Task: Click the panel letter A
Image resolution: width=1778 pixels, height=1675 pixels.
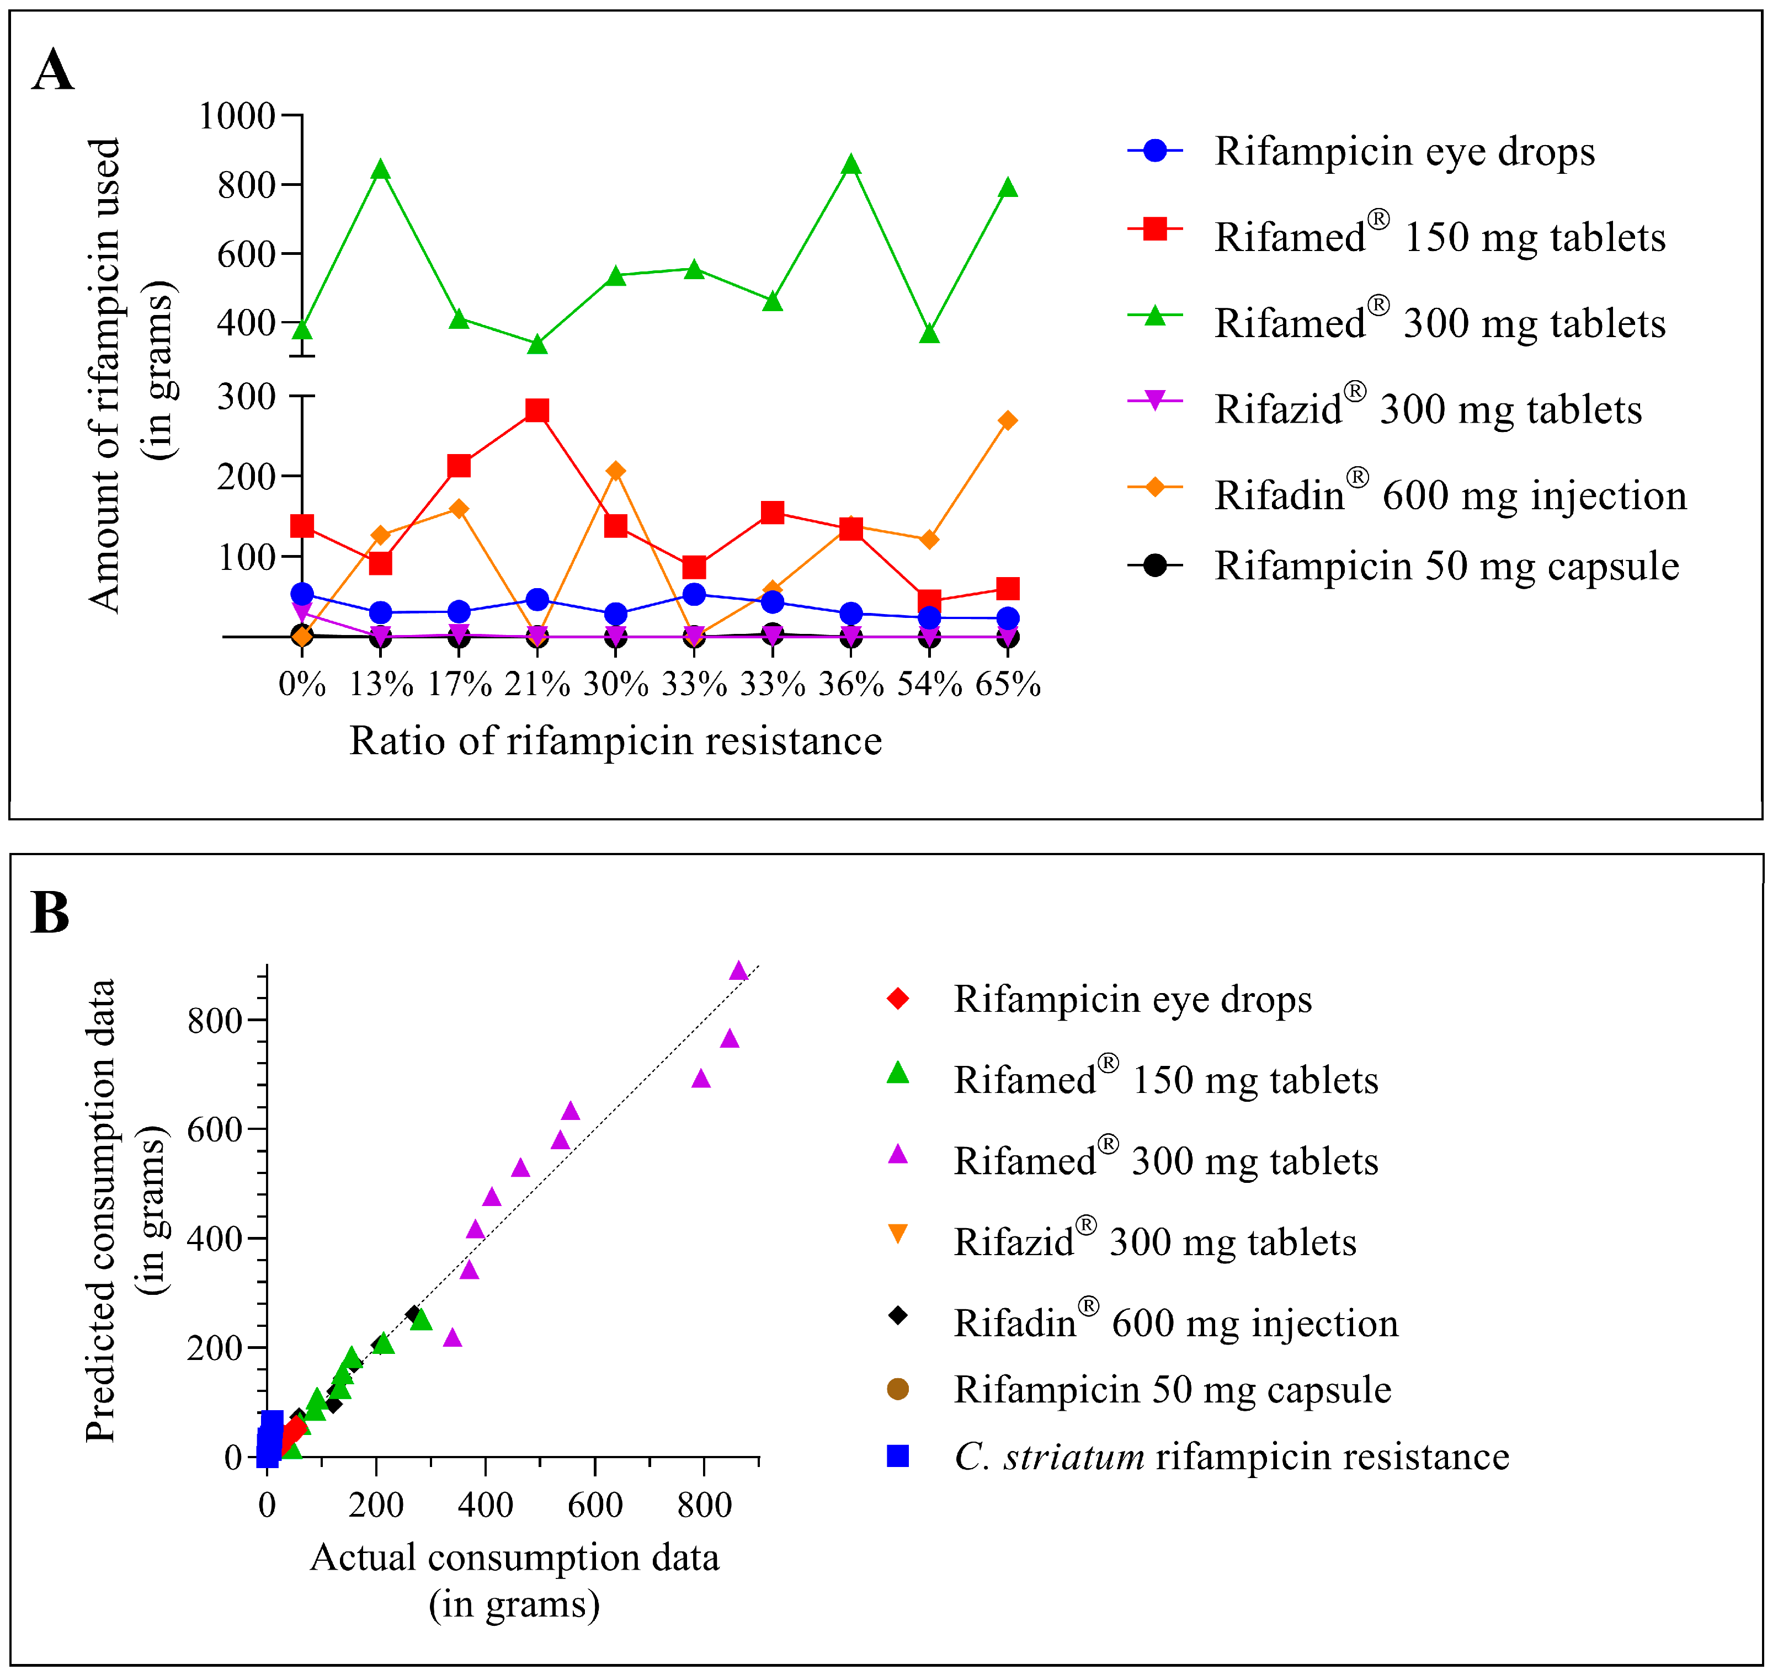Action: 53,71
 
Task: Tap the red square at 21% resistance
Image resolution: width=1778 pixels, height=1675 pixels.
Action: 536,410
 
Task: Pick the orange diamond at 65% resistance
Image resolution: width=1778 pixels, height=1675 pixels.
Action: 1008,420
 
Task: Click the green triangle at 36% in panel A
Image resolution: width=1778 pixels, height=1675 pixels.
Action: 851,164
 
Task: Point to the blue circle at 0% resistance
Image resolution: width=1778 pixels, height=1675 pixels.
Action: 302,594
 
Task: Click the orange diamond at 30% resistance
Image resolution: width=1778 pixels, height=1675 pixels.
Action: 615,471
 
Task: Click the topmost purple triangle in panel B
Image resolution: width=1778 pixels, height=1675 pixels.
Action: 738,971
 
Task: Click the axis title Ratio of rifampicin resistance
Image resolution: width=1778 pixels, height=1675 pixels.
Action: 615,740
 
